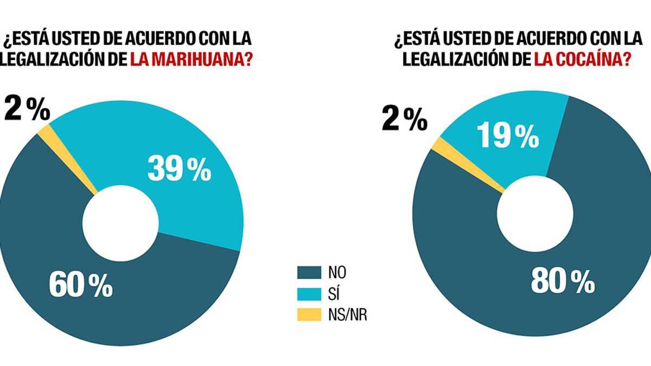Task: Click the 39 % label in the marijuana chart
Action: tap(179, 170)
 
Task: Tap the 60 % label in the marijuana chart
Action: tap(80, 285)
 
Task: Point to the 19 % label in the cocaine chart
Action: tap(507, 136)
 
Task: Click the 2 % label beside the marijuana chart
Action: tap(27, 111)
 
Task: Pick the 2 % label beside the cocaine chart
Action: tap(404, 119)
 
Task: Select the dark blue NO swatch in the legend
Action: tap(309, 272)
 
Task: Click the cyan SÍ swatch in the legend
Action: tap(309, 293)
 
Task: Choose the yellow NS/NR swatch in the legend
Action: tap(309, 315)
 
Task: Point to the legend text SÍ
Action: tap(334, 293)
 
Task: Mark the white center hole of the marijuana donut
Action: tap(120, 222)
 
